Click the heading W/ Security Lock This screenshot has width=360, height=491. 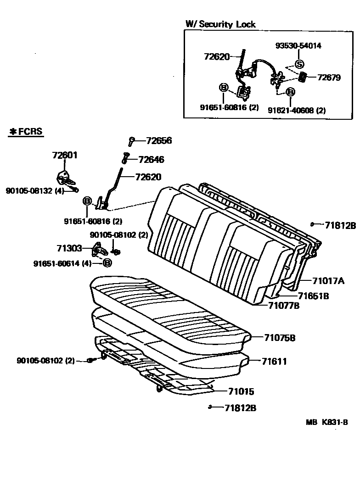click(220, 24)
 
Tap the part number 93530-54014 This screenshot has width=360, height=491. click(298, 45)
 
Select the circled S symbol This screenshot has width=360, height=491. click(299, 64)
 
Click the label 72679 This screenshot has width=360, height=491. click(329, 78)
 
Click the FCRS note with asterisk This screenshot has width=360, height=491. click(26, 132)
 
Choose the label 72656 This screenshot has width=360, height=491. click(159, 141)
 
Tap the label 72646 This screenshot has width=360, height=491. click(151, 160)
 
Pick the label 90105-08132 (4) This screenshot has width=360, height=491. click(35, 190)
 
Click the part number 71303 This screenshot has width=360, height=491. click(69, 248)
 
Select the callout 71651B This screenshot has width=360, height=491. click(313, 296)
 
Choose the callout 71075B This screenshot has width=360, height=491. click(280, 338)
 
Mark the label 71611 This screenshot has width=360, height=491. click(274, 362)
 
